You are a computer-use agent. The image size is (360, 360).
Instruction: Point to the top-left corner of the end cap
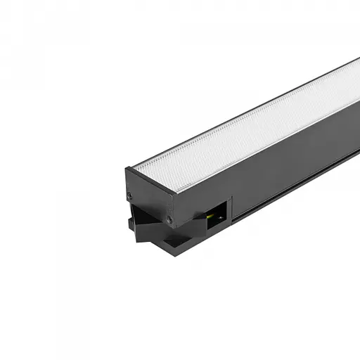127,168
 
